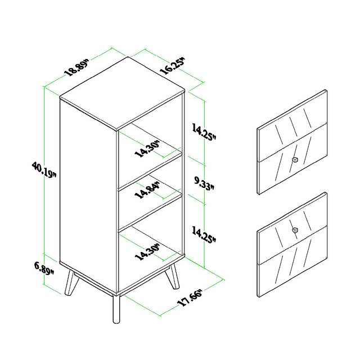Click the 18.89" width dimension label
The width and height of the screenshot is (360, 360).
click(x=77, y=68)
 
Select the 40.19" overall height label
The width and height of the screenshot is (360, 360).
click(x=44, y=170)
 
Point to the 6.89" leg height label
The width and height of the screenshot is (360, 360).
click(x=44, y=268)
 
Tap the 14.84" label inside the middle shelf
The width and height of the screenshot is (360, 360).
click(x=147, y=190)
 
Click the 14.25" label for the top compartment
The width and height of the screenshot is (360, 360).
click(x=204, y=131)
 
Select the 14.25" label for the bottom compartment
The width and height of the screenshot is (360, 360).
click(x=204, y=235)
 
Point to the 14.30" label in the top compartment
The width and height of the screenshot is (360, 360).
click(x=147, y=149)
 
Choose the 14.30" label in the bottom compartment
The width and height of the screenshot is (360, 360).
click(x=147, y=253)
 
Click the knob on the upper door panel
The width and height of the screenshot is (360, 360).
click(x=295, y=160)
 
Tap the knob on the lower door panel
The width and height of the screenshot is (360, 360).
click(x=295, y=230)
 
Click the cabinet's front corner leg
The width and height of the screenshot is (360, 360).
click(x=116, y=309)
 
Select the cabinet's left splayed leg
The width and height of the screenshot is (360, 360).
click(x=71, y=283)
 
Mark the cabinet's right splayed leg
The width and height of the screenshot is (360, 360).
click(x=172, y=276)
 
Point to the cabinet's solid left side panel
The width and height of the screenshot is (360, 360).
click(x=88, y=195)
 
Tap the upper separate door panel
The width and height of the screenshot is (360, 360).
click(x=292, y=142)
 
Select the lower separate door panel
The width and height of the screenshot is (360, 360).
click(x=292, y=245)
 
